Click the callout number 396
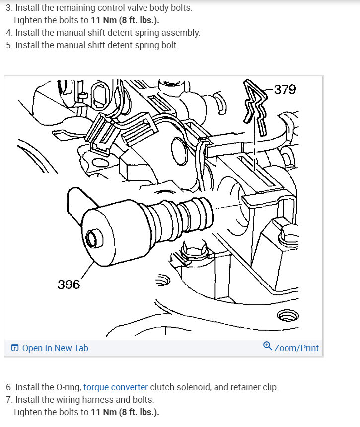coord(69,284)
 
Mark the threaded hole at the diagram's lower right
coord(288,315)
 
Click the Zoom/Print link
coord(296,348)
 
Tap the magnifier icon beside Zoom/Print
coord(267,347)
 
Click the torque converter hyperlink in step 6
coord(116,387)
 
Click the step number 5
coord(9,45)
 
